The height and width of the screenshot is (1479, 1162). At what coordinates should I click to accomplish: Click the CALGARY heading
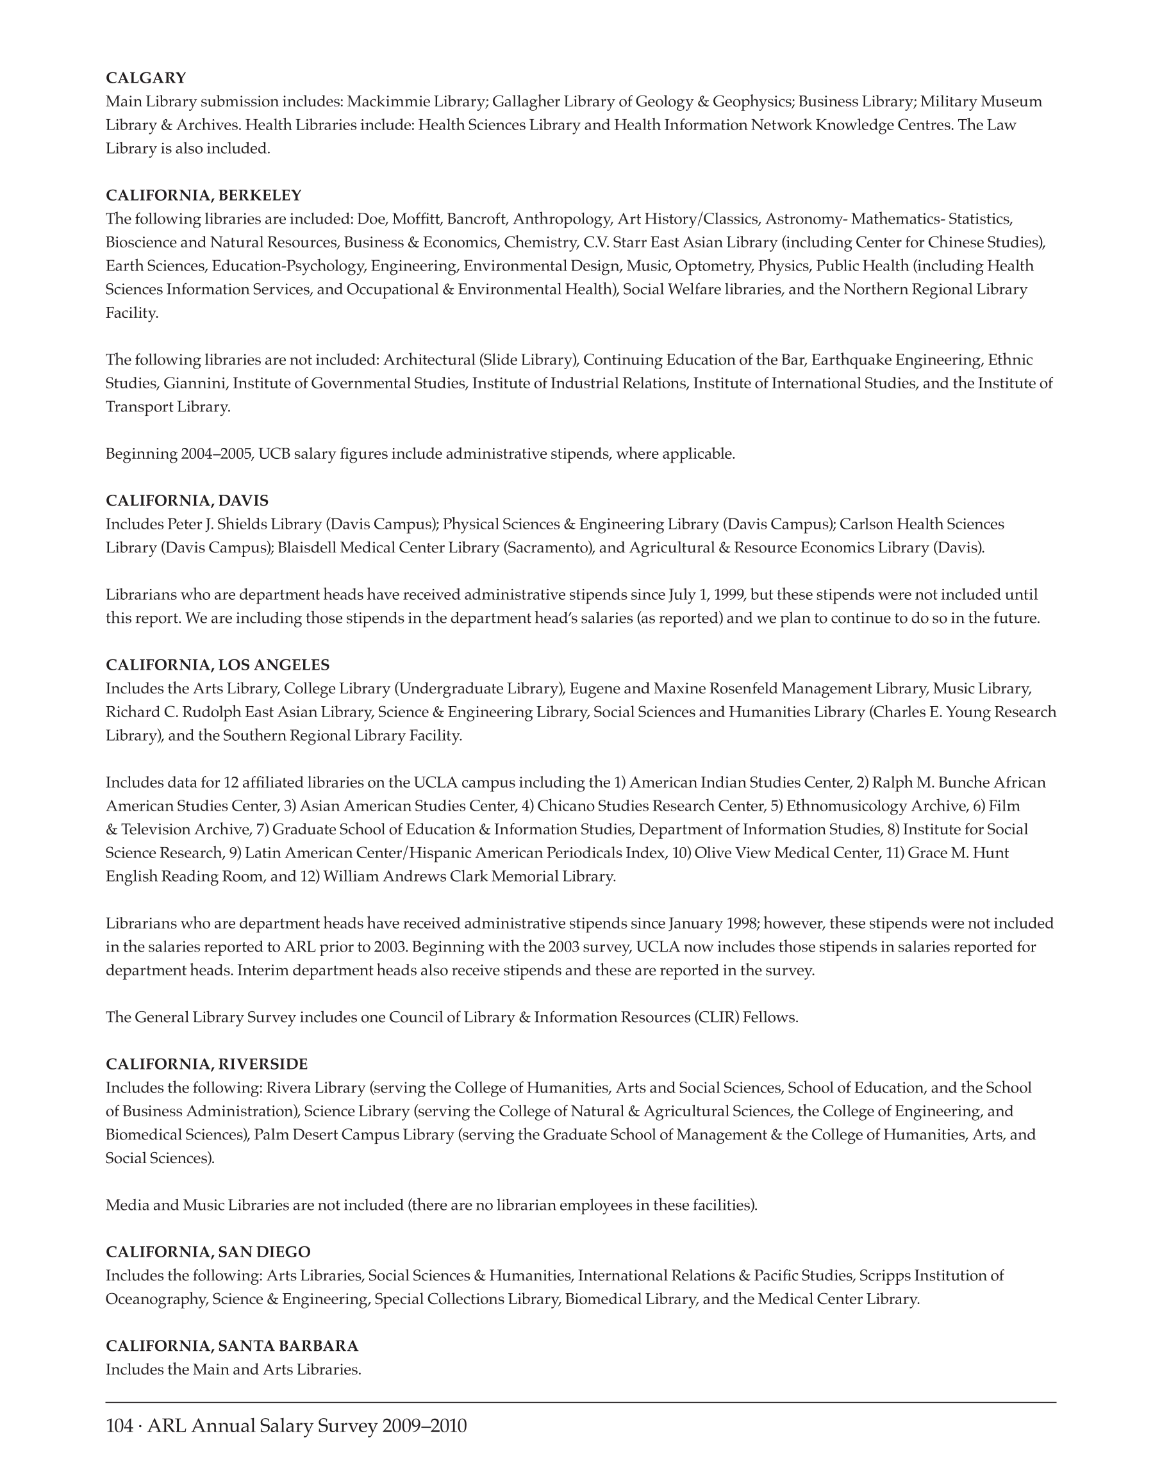[x=145, y=78]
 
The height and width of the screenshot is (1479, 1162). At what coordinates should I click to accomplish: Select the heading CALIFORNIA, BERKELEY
[x=203, y=195]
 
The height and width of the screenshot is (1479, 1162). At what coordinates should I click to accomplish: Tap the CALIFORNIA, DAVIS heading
[x=187, y=500]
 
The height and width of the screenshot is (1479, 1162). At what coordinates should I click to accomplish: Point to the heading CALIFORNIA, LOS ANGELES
[x=218, y=665]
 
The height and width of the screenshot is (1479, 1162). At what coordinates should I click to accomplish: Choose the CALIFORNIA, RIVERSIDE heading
[x=207, y=1064]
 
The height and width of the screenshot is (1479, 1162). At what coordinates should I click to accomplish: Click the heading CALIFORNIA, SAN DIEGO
[x=208, y=1252]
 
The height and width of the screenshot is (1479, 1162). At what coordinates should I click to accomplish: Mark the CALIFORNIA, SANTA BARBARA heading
[x=232, y=1346]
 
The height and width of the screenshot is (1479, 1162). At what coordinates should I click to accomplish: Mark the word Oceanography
[x=156, y=1300]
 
